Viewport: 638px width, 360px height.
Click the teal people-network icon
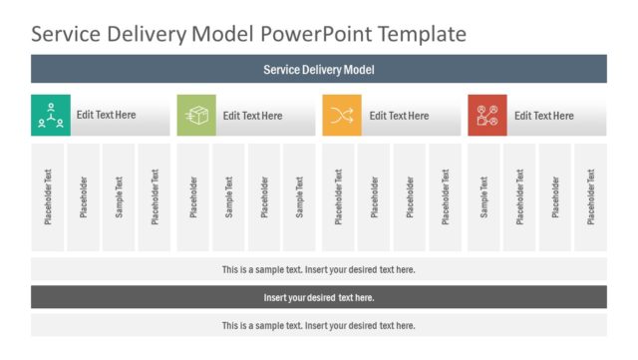pos(51,115)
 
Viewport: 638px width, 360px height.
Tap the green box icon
pos(196,115)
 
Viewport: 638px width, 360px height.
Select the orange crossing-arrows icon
pos(342,115)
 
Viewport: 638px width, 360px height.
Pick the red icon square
pos(487,115)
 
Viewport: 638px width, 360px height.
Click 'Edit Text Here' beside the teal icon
pos(107,115)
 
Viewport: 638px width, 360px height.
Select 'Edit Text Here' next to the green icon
pos(252,116)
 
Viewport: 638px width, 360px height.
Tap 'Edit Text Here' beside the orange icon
pos(399,116)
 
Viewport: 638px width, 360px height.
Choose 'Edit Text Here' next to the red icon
pos(544,116)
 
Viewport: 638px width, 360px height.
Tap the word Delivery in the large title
pos(149,34)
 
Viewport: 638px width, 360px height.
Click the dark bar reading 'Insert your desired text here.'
pos(319,297)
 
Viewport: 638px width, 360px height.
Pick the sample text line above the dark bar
pos(319,269)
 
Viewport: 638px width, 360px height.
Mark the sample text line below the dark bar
pos(319,325)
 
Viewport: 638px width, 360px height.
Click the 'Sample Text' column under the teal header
pos(120,197)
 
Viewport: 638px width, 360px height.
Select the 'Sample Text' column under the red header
pos(484,197)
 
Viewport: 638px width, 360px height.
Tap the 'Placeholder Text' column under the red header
pos(519,197)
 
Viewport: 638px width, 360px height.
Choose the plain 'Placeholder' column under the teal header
pos(84,197)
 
